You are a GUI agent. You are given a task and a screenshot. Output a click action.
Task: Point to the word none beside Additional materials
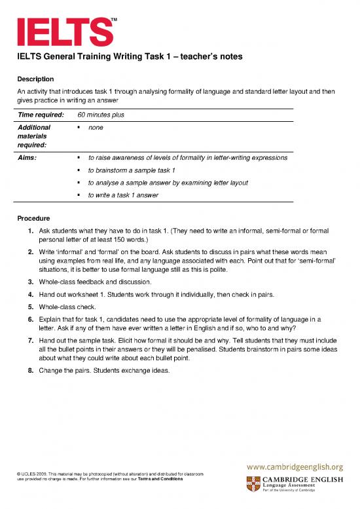pos(96,128)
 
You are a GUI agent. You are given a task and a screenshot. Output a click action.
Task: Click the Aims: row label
pos(27,158)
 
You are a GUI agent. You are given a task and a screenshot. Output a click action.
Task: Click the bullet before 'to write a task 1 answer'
pos(78,195)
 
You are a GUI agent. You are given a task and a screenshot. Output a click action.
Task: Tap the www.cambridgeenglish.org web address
pos(294,467)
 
